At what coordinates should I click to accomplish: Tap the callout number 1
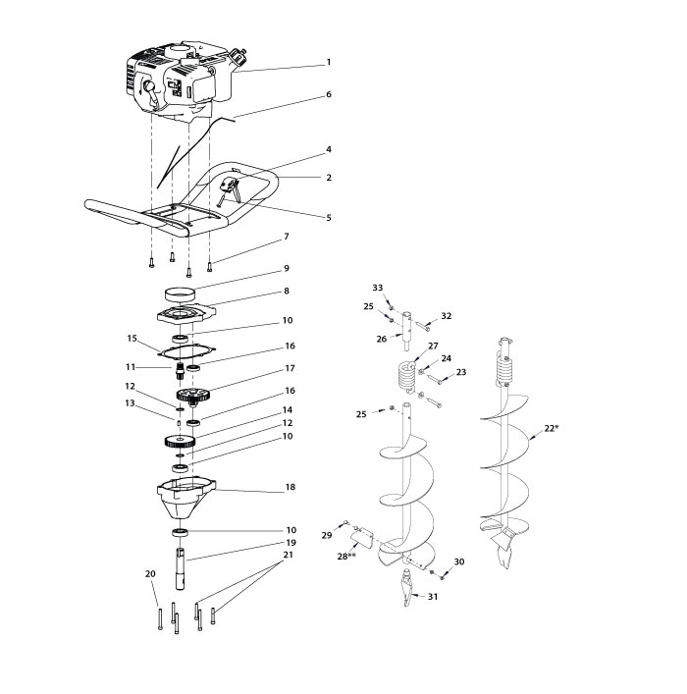click(329, 62)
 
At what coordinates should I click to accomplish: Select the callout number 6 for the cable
click(329, 94)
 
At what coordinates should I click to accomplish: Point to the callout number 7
click(286, 237)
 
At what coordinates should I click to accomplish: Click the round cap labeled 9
click(180, 293)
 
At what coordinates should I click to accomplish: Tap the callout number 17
click(289, 369)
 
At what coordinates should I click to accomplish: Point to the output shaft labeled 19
click(182, 568)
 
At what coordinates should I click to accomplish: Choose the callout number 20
click(150, 573)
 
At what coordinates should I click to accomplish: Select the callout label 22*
click(578, 429)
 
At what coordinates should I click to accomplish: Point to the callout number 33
click(377, 287)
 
